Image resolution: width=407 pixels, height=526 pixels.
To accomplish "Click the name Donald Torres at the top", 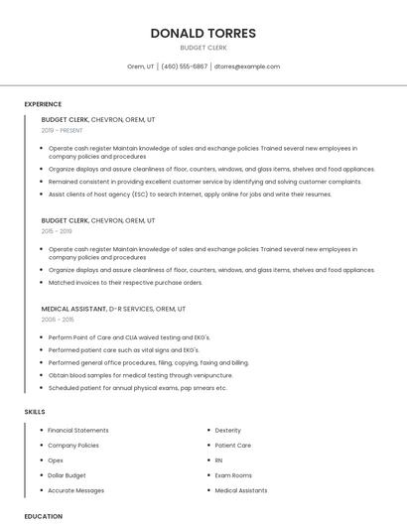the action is coord(203,33).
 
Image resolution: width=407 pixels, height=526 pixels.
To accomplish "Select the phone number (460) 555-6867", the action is coord(184,66).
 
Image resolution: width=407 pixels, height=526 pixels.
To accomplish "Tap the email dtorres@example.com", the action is coord(247,66).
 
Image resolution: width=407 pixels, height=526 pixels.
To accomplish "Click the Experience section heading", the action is coord(43,104).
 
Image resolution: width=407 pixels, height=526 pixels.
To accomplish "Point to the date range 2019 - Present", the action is coord(63,130).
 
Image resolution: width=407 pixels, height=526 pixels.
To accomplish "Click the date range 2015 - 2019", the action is coord(58,230).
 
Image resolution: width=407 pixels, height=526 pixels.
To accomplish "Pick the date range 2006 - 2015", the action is coord(58,320).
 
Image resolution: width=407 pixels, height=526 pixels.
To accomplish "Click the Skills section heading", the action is coord(35,411).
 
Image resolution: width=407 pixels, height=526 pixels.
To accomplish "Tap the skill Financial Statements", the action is coord(78,430).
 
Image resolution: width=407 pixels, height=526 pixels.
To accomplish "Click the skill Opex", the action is coord(57,460).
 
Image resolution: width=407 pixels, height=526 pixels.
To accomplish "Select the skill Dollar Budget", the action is coord(68,475).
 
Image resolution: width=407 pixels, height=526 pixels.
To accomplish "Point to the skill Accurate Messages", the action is coord(76,490).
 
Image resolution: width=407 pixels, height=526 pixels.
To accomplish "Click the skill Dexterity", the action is coord(228,430).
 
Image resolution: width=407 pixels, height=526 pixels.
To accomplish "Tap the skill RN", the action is coord(219,460).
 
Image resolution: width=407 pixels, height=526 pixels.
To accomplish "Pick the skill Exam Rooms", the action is coord(233,475).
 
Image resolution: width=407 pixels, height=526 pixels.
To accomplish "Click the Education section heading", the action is coord(43,516).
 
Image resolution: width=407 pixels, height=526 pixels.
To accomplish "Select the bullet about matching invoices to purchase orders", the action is coord(125,282).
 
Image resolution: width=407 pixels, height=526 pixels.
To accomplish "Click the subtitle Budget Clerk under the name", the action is coord(203,48).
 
